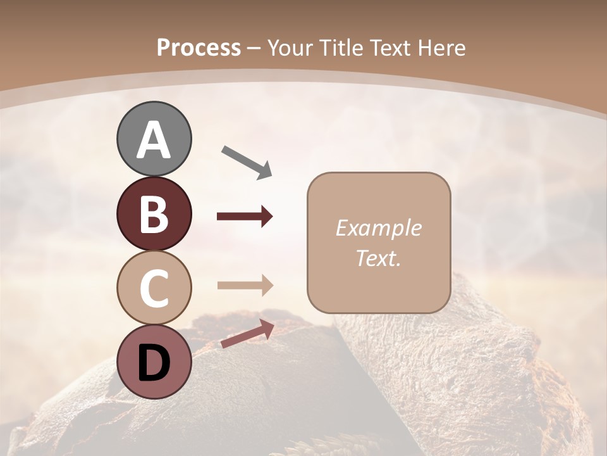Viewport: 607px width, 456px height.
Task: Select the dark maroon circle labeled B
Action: click(154, 213)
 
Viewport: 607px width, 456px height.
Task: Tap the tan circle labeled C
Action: click(154, 288)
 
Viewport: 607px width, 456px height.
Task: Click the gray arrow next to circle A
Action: click(247, 161)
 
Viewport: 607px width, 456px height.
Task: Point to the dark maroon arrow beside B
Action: click(245, 217)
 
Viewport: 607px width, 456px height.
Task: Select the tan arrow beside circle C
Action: click(245, 285)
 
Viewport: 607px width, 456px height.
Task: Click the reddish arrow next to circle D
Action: click(247, 334)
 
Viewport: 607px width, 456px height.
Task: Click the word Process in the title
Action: click(199, 48)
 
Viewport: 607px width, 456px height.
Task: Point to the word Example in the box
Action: click(378, 228)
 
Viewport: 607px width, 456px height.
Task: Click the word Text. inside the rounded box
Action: click(378, 258)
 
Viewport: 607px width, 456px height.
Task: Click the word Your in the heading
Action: click(290, 48)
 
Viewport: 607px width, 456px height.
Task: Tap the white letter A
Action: click(154, 141)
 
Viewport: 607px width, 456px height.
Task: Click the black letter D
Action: click(154, 363)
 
